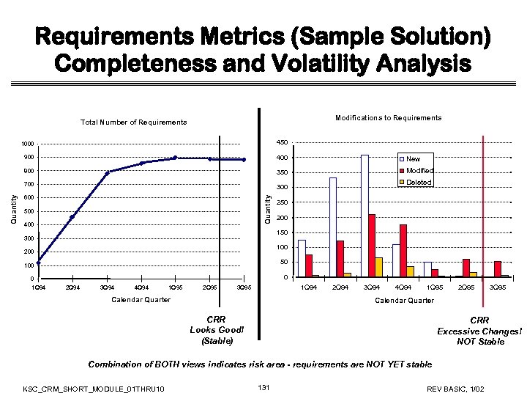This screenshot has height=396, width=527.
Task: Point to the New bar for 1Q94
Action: click(x=302, y=258)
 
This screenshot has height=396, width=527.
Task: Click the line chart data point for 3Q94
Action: click(x=107, y=172)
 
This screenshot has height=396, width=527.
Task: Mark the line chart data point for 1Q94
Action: click(x=38, y=262)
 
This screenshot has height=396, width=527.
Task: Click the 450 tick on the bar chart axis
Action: click(x=282, y=142)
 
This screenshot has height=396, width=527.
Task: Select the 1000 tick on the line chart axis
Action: click(x=27, y=144)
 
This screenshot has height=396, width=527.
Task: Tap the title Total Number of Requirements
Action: click(x=133, y=122)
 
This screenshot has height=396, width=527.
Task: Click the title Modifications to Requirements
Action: click(x=388, y=117)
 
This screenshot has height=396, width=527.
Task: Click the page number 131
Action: click(x=264, y=386)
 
